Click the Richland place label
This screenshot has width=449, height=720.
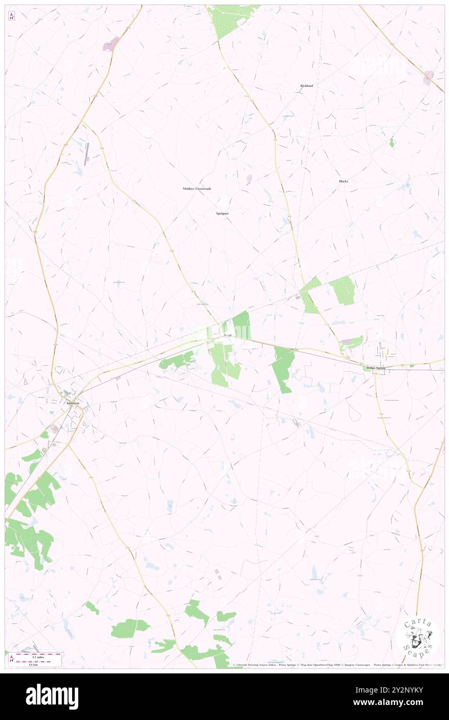pos(306,85)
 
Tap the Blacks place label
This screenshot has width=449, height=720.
pos(343,181)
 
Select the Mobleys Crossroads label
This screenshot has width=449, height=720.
pos(197,189)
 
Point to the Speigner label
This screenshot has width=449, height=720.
pos(222,213)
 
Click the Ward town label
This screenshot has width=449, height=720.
pos(228,336)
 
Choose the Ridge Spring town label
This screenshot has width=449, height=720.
pos(376,368)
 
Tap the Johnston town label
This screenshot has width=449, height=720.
pos(73,402)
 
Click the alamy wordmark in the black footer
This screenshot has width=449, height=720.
pos(52,696)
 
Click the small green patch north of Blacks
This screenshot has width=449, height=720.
pos(391,142)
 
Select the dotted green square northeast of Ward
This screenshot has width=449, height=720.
pos(342,290)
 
